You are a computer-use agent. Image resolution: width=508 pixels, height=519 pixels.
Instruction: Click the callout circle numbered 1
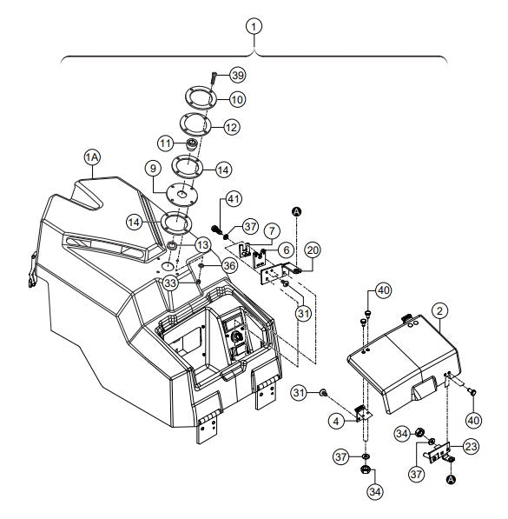(254, 27)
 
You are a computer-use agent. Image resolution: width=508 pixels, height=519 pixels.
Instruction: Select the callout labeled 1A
(92, 157)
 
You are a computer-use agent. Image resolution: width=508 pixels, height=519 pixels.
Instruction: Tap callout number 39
(238, 75)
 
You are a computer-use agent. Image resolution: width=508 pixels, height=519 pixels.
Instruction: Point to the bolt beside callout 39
(213, 79)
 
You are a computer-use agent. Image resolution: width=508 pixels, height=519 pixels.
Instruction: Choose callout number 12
(232, 128)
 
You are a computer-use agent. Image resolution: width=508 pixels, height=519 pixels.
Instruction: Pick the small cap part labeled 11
(192, 145)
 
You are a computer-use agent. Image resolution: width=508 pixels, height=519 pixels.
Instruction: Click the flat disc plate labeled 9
(181, 195)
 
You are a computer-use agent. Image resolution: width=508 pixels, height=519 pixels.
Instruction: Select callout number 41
(234, 199)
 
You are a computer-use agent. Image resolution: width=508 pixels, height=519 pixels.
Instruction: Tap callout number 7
(272, 231)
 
